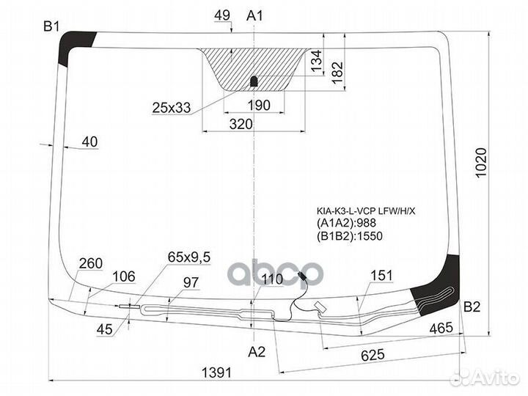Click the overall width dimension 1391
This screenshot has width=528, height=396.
pos(216,373)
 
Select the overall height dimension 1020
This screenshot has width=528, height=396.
pos(481,162)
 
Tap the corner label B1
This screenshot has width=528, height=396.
pos(51,26)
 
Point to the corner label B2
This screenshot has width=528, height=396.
pos(472,307)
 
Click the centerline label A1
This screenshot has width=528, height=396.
pos(254,15)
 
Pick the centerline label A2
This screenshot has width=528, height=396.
pos(257,352)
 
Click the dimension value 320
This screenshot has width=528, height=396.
pos(241,124)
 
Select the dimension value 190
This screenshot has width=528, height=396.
pos(259,106)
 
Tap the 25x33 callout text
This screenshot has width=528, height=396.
pos(171,108)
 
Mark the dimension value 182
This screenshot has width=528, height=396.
pos(337,72)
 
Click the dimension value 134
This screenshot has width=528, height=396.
pos(316,61)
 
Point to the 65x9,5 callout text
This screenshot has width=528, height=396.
pos(189,257)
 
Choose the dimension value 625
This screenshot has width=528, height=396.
pos(373,355)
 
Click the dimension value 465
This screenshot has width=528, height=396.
pos(441,327)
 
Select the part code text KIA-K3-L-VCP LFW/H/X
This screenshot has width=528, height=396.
pos(366,211)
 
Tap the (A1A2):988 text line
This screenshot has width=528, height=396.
pos(346,223)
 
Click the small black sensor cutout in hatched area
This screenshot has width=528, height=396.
pos(254,81)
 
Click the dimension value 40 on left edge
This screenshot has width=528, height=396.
pos(89,142)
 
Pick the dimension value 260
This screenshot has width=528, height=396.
pos(91,263)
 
